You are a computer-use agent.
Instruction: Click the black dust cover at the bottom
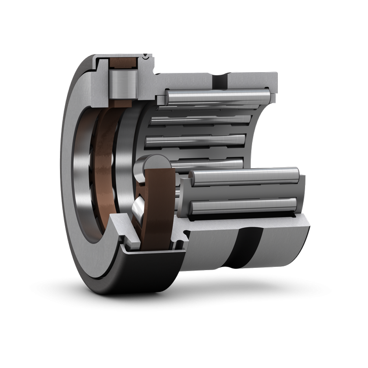pos(147,272)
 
